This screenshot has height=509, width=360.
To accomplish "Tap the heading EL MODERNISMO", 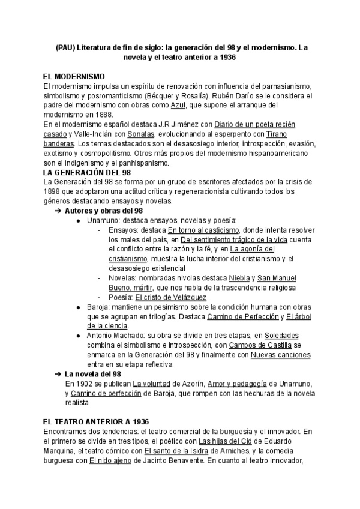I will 74,77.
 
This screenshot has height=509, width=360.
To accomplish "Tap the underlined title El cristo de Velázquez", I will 171,297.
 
